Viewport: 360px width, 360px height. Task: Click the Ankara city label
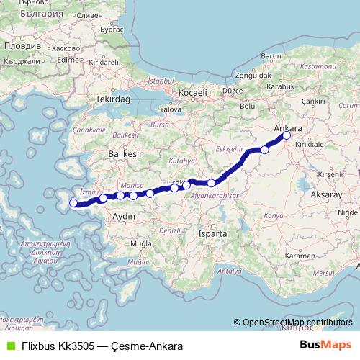pos(289,127)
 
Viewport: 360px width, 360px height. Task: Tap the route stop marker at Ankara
pos(287,135)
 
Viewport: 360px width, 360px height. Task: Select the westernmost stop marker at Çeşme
pos(73,203)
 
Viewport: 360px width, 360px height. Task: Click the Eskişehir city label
pos(226,148)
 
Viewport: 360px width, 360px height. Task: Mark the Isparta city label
pos(215,234)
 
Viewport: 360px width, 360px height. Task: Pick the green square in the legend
pos(9,346)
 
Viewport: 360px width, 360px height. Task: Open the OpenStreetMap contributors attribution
pos(297,323)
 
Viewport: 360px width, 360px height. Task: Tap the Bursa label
pos(159,124)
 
